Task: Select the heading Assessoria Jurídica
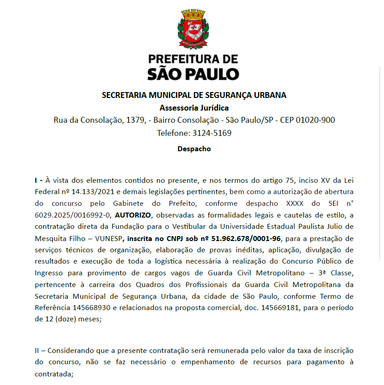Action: coord(194,108)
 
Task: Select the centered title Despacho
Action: coord(194,149)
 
